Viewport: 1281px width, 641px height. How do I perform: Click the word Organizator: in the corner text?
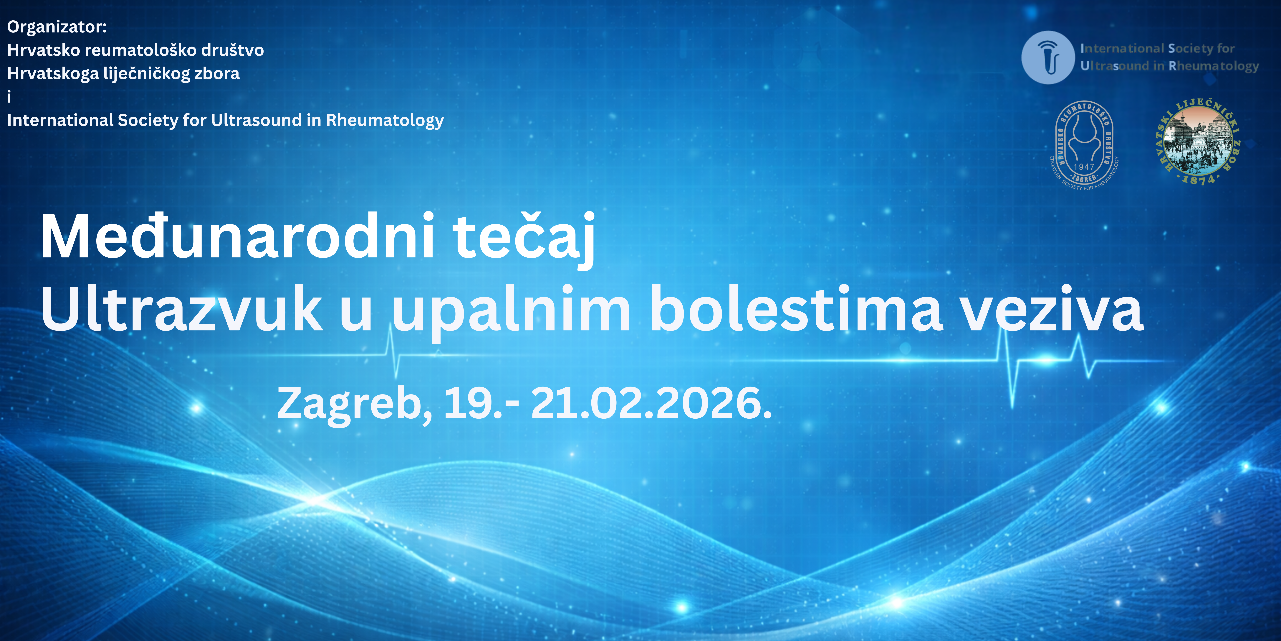point(57,27)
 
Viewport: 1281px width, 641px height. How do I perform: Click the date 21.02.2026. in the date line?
point(651,403)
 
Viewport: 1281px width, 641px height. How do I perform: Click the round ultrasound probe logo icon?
point(1048,57)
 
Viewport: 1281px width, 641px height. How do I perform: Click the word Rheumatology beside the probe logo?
point(1214,66)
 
